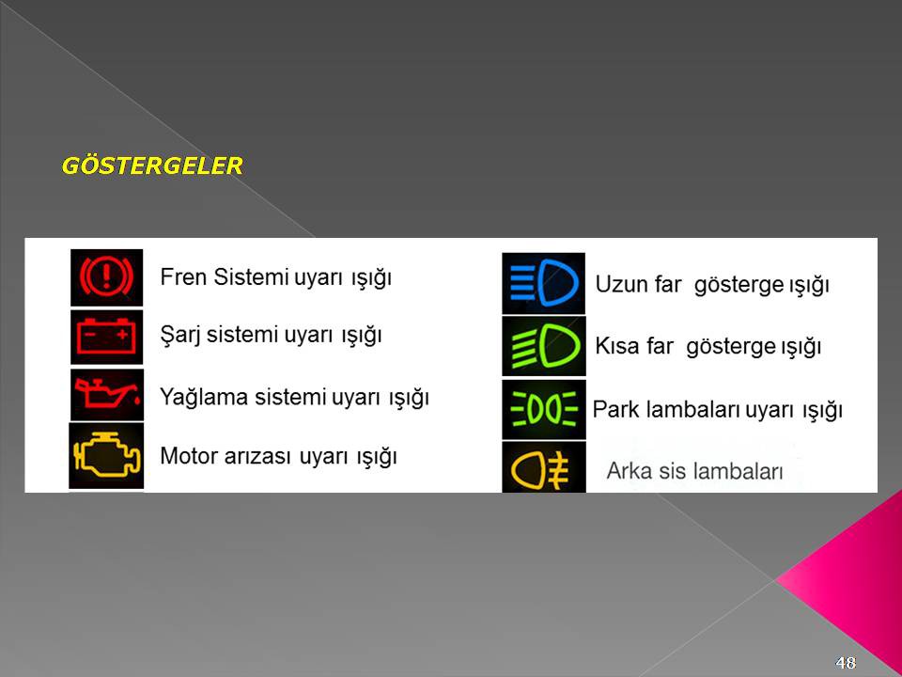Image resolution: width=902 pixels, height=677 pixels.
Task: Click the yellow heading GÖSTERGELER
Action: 152,165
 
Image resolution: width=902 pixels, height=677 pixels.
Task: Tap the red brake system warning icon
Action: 106,276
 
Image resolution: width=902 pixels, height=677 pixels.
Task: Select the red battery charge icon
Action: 106,337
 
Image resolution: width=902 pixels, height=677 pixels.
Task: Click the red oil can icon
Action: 106,394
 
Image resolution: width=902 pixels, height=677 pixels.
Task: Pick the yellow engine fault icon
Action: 106,456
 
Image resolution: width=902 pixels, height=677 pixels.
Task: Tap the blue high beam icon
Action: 544,283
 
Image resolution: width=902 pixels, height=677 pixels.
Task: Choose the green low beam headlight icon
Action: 544,346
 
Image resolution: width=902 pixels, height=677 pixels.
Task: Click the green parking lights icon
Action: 544,409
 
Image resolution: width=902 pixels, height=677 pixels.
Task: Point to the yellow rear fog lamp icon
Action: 544,467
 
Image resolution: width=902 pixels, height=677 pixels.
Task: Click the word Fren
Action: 183,276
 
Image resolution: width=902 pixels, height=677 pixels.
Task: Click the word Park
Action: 615,410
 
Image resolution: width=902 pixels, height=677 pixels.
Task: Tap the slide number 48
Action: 846,663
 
